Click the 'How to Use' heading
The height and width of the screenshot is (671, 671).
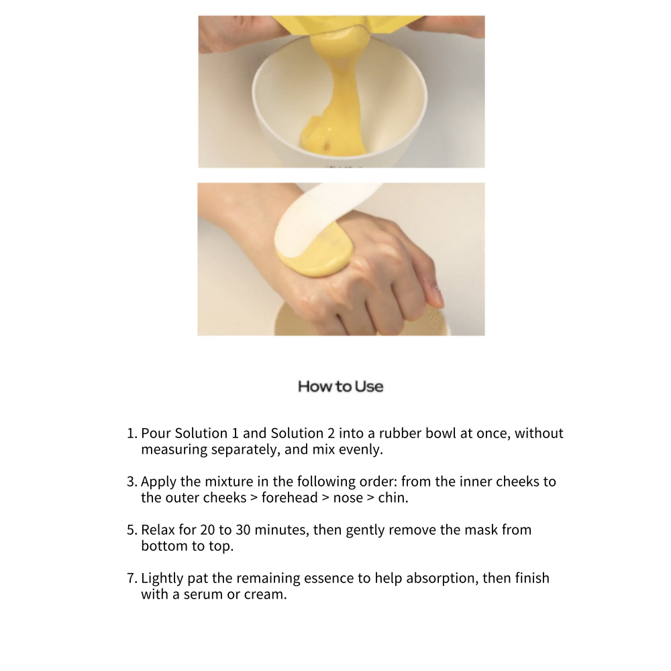coord(341,386)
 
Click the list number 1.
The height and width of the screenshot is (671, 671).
coord(132,433)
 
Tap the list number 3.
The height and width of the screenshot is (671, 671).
coord(132,481)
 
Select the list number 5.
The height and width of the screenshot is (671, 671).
coord(132,530)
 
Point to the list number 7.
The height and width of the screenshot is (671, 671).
coord(132,578)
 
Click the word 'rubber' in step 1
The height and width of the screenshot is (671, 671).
coord(400,433)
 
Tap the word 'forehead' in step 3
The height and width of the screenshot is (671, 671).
coord(290,498)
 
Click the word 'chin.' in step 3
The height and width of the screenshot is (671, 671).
coord(393,498)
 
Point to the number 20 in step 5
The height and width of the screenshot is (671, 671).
coord(207,530)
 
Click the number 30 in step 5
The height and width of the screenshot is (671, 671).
coord(243,530)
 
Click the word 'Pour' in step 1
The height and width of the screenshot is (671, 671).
coord(156,433)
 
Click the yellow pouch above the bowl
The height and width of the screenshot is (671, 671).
coord(347,23)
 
